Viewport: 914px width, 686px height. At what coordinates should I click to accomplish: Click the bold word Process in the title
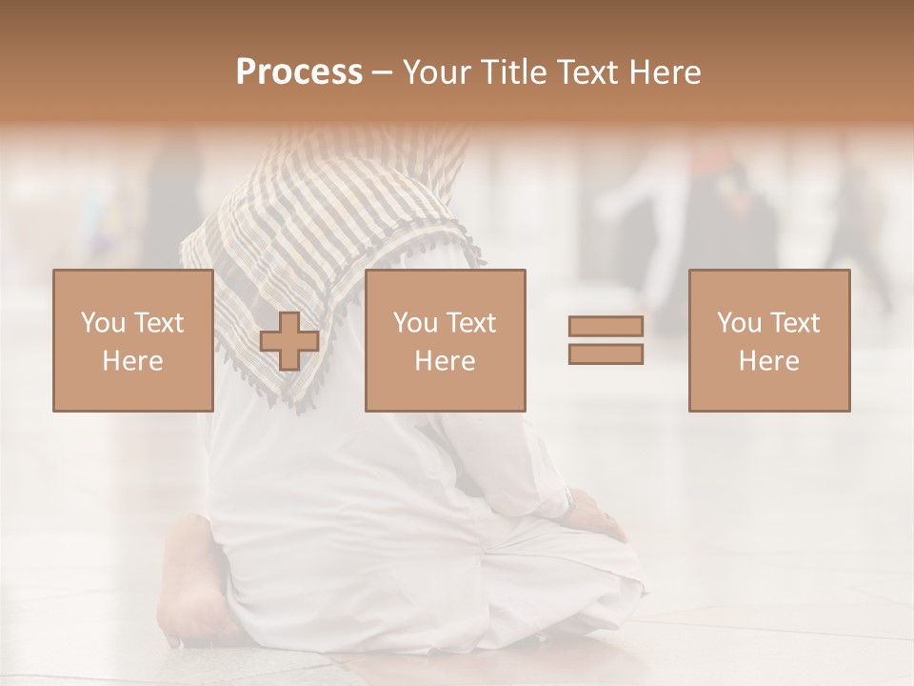coord(299,72)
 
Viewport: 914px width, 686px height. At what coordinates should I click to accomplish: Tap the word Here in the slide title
coord(663,72)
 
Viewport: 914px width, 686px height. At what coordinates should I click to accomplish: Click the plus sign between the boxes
coord(289,341)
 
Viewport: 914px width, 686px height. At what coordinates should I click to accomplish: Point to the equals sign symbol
coord(606,340)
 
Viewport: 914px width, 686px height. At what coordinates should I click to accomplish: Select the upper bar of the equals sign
coord(606,327)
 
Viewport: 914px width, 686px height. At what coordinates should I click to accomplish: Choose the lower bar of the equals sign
coord(606,354)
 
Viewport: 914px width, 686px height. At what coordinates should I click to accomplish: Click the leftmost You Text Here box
coord(132,340)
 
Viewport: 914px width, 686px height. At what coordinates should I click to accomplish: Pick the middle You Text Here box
coord(445,340)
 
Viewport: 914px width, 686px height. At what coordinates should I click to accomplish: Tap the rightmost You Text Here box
coord(768,340)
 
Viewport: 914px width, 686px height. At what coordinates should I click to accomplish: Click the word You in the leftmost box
coord(101,323)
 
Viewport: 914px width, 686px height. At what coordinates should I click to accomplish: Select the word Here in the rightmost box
coord(768,360)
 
